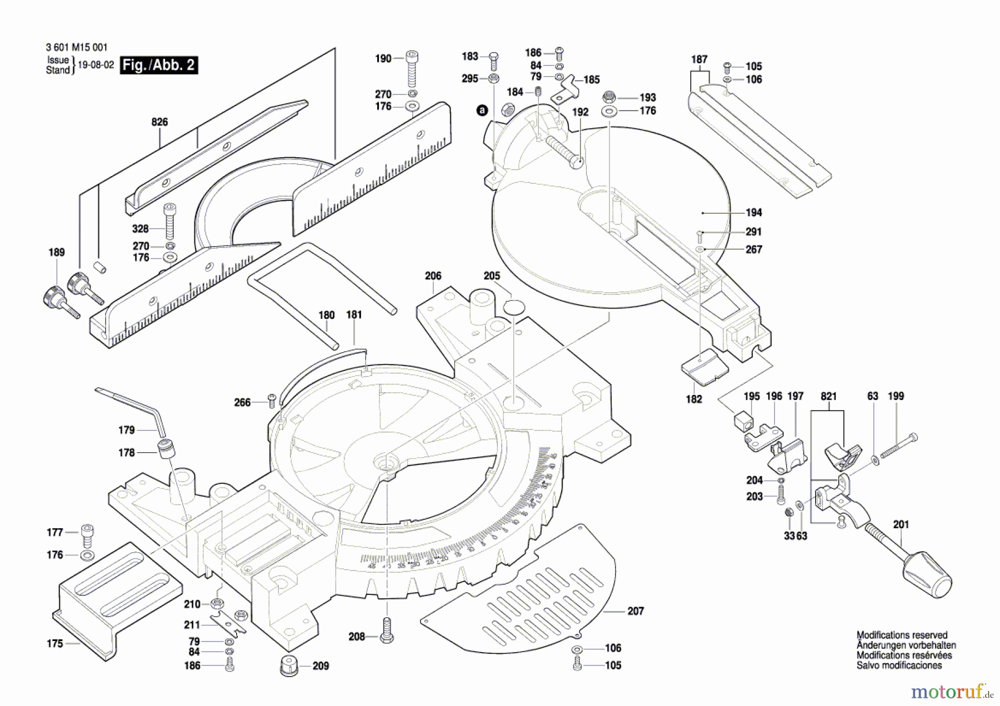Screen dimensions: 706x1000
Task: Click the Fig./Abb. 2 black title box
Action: (159, 65)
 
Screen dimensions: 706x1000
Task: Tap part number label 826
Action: (159, 122)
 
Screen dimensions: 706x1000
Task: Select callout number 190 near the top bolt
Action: (383, 58)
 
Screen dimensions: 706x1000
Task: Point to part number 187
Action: (699, 59)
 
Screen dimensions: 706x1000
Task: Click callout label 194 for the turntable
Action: (754, 213)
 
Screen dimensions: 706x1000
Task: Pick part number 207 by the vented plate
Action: (636, 611)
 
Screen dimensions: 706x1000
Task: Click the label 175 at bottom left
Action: (55, 644)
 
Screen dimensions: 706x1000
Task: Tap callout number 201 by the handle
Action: (901, 524)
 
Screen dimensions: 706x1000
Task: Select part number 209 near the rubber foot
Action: (321, 665)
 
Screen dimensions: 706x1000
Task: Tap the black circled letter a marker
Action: (482, 110)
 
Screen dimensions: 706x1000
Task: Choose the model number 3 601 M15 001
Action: (77, 48)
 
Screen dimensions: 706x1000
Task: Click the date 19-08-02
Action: (96, 65)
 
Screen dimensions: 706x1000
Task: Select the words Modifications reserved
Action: (902, 635)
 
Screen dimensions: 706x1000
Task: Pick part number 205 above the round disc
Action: (492, 276)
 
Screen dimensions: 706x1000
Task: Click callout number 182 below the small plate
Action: (694, 399)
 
